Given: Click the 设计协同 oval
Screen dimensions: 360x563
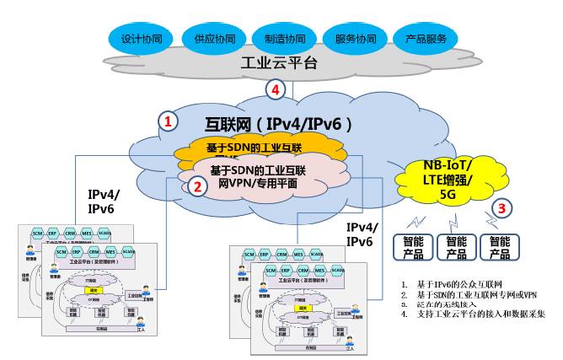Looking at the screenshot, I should coord(141,38).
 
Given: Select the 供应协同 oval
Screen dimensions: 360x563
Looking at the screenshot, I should coord(212,38).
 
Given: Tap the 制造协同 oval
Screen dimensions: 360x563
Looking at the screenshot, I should coord(283,38).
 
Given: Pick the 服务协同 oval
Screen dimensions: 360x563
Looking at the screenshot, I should coord(355,38).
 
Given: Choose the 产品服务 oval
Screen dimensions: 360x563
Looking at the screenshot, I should coord(426,38).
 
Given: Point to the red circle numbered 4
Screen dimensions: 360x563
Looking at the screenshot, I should coord(275,89).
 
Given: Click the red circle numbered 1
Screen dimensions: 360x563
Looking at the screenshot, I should coord(169,121).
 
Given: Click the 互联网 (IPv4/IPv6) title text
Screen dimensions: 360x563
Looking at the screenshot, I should coord(278,123).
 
